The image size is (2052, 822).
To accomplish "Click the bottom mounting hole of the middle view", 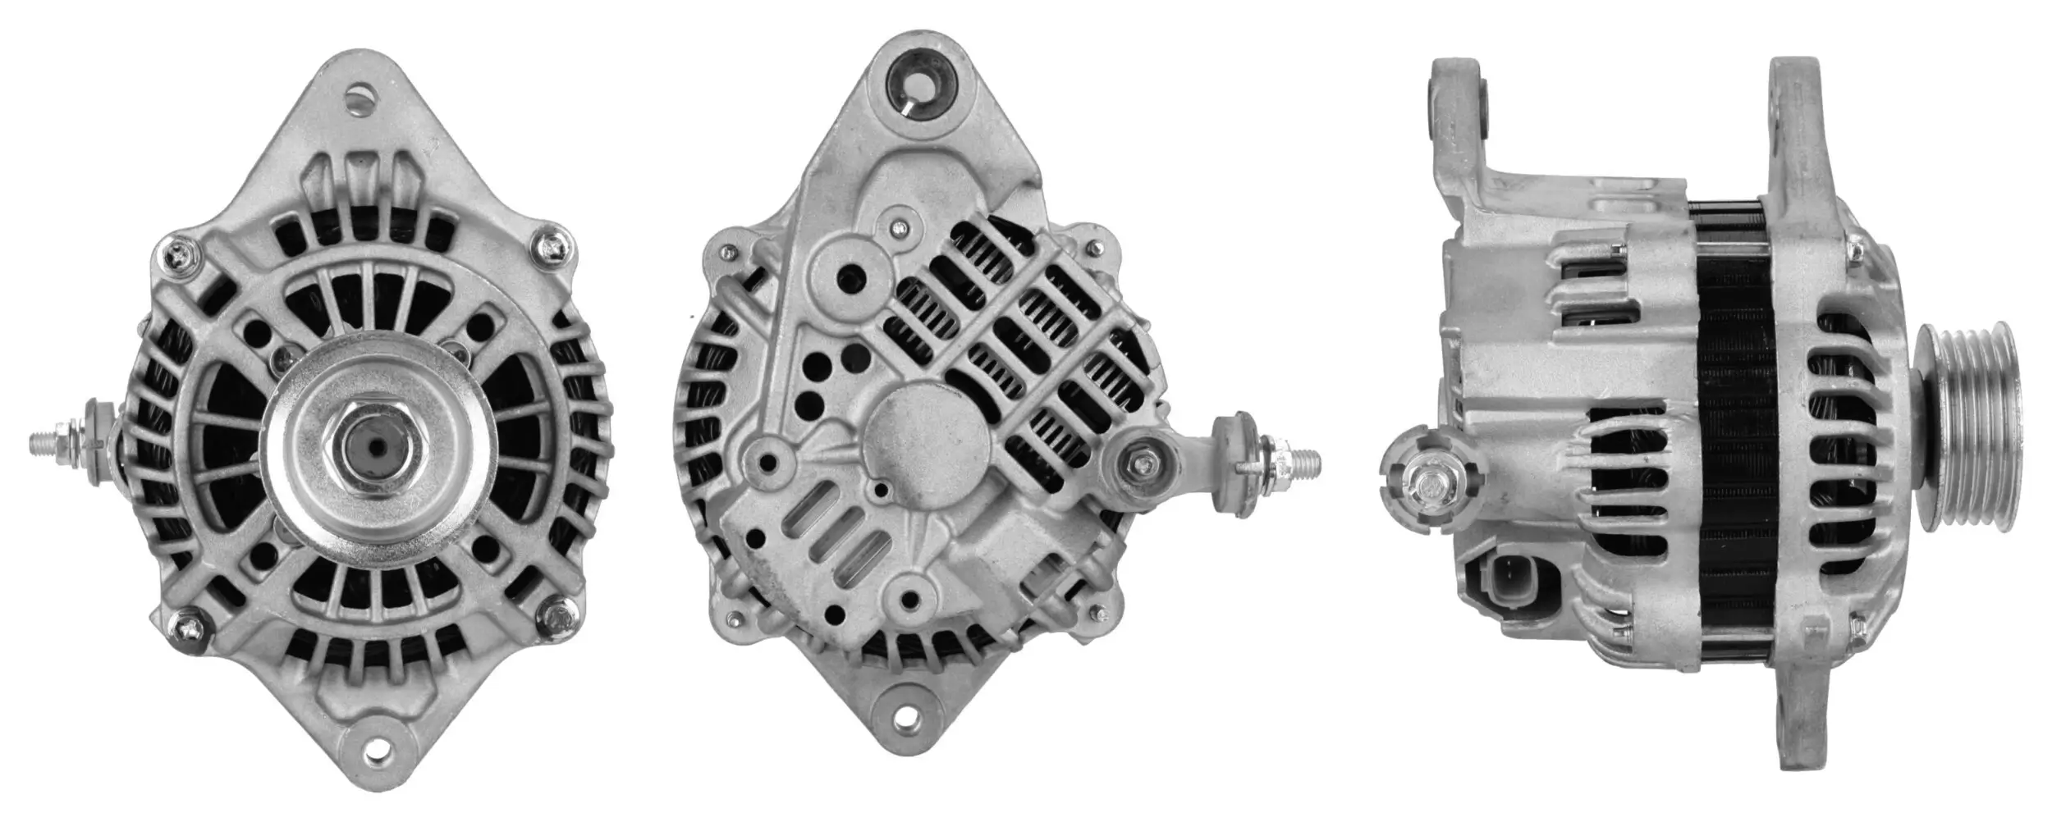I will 905,721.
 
